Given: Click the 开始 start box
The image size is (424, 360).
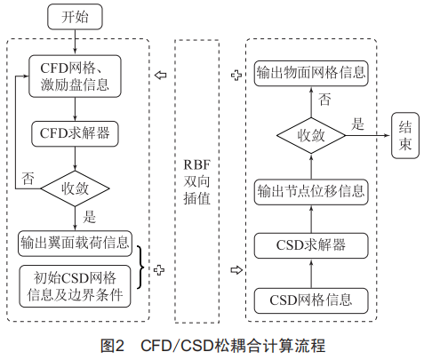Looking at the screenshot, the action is click(75, 17).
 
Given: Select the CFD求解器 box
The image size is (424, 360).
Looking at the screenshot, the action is click(75, 133).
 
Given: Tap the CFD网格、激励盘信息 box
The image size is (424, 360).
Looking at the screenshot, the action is click(75, 76).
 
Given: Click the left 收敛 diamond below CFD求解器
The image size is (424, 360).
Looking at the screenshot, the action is click(75, 188).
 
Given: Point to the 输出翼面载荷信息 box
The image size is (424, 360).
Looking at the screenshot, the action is click(75, 244).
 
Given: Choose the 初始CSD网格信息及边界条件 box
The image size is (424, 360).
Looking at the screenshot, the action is click(75, 286).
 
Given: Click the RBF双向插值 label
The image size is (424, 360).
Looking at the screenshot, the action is click(197, 181).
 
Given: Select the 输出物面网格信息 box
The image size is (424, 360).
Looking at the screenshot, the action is click(311, 74).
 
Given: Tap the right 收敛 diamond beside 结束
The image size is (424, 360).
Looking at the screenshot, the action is click(311, 135).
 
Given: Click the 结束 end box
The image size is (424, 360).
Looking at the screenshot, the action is click(405, 135).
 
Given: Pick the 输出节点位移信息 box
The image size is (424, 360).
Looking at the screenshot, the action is click(311, 192).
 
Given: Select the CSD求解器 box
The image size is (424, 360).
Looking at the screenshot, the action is click(311, 245).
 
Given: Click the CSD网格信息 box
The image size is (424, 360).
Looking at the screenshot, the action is click(311, 300).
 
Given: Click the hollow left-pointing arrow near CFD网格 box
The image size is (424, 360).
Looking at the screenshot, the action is click(161, 75).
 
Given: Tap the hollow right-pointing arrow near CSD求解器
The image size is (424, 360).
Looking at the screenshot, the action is click(236, 270).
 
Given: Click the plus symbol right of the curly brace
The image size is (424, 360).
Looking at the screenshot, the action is click(159, 270).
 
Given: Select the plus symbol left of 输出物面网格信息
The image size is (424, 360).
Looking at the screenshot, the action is click(236, 76).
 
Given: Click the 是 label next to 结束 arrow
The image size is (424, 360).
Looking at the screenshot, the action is click(357, 124).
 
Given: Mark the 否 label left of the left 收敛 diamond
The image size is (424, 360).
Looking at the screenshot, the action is click(28, 178).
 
